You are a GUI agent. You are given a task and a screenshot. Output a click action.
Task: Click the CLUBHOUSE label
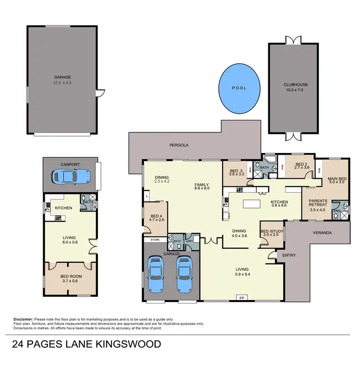coord(295,85)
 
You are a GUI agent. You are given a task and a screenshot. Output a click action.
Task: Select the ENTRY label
coord(289,256)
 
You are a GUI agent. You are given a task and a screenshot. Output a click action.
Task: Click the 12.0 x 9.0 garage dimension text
coord(62,82)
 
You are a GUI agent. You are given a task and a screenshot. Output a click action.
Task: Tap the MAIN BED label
coord(337,179)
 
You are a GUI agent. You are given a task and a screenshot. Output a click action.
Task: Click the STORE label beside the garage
coord(155,239)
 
